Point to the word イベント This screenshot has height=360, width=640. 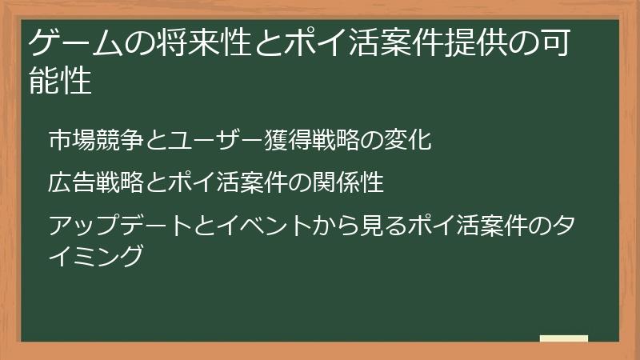(x=253, y=226)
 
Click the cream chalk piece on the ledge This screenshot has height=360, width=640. (x=563, y=338)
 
